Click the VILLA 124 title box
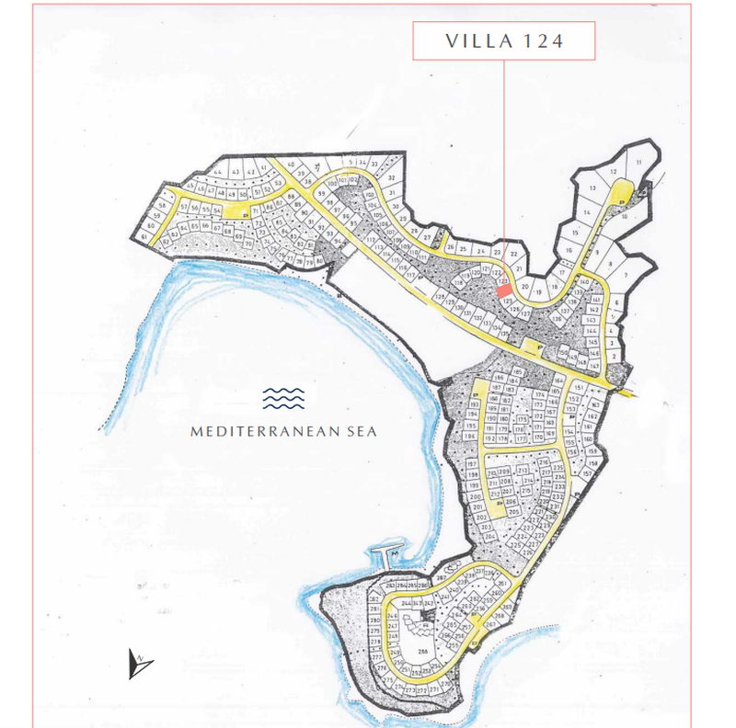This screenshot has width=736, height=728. [504, 41]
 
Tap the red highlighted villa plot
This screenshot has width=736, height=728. [504, 290]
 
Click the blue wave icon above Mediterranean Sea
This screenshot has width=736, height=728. [283, 398]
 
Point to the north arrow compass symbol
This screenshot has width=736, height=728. [140, 663]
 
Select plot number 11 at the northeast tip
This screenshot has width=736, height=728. [638, 163]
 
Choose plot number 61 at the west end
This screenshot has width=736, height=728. [145, 236]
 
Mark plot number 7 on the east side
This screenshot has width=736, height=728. [627, 273]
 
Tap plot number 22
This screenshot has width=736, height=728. [514, 253]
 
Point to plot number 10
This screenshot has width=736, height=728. [626, 218]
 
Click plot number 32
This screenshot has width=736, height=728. [391, 177]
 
